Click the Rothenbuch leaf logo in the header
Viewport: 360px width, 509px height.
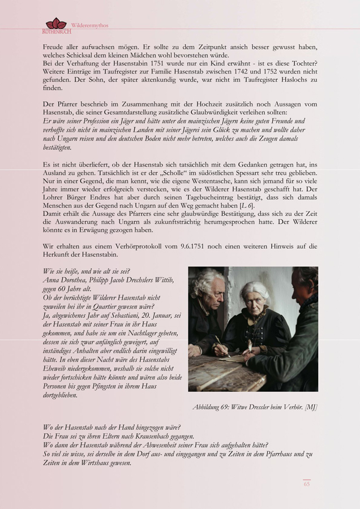coord(55,24)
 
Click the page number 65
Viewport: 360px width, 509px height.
coord(307,484)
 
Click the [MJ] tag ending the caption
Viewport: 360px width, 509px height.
coord(311,407)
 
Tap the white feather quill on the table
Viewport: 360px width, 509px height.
coord(247,347)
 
